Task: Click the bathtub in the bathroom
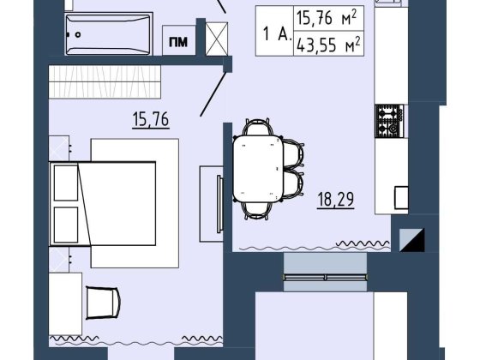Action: tap(109, 34)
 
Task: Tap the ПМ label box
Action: tap(179, 40)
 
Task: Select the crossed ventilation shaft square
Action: tap(217, 39)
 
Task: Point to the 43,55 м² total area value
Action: tap(328, 45)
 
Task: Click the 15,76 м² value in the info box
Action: tap(327, 18)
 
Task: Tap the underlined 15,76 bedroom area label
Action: tap(151, 120)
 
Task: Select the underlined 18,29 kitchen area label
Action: tap(336, 200)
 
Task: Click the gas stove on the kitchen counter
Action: tap(390, 121)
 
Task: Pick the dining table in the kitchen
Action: tap(258, 169)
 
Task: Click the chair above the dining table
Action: tap(258, 127)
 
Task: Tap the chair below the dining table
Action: tap(257, 211)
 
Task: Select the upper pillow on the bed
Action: tap(66, 183)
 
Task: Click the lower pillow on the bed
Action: tap(66, 225)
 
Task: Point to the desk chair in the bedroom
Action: tap(103, 303)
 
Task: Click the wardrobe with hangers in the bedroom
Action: tap(105, 81)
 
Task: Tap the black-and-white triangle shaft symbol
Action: tap(412, 240)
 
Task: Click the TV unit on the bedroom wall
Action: tap(212, 204)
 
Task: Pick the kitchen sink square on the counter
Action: tap(401, 197)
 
